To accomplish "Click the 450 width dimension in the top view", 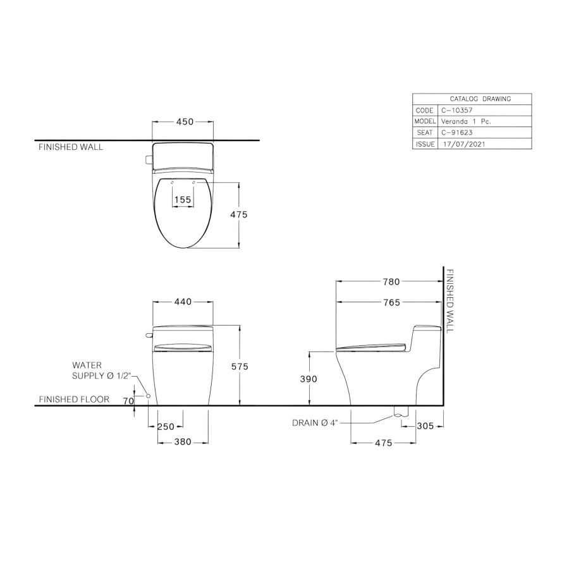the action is pos(185,121).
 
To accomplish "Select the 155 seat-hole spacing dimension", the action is pos(183,200).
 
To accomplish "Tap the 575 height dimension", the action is pos(240,367).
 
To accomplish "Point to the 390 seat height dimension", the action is pos(309,379).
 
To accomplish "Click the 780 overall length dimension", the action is pos(391,281).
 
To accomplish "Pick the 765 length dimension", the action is pos(391,302).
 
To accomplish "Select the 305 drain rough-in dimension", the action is pos(425,426).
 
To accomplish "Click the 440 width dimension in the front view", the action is pos(183,302).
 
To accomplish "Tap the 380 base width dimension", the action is pos(183,442).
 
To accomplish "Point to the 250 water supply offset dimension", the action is pos(166,426).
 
